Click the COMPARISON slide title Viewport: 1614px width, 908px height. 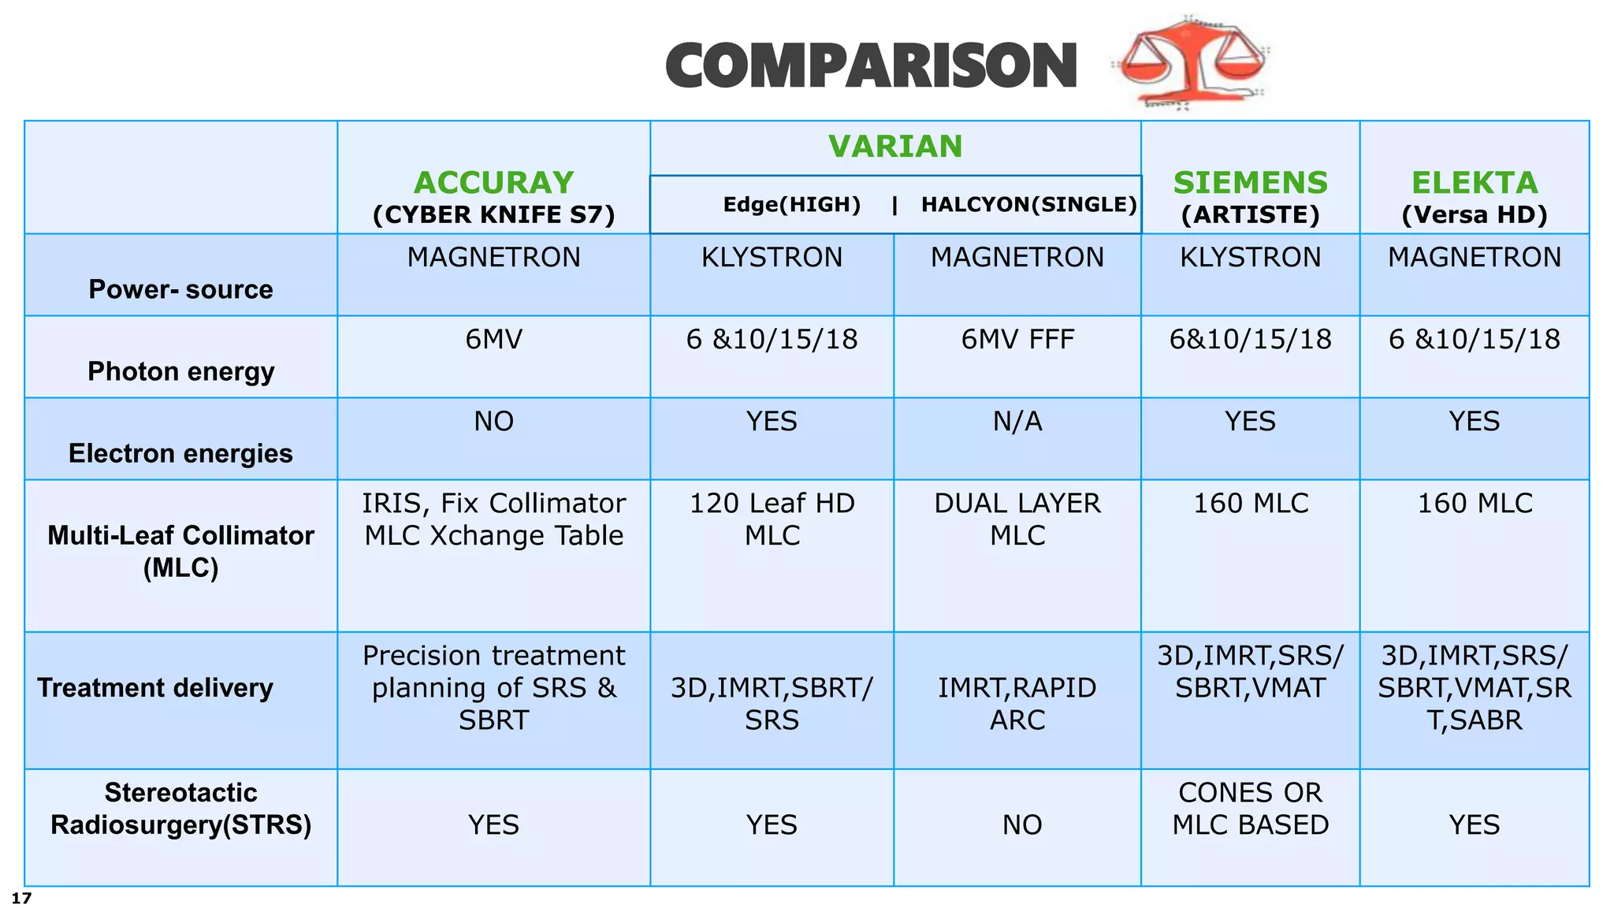pyautogui.click(x=871, y=66)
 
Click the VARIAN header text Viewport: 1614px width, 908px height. pyautogui.click(x=895, y=147)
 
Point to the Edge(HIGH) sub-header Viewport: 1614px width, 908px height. pyautogui.click(x=791, y=205)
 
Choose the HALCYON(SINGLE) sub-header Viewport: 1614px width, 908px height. pyautogui.click(x=1028, y=205)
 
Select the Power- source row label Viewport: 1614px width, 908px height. pyautogui.click(x=180, y=289)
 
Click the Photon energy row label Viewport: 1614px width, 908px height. pyautogui.click(x=180, y=371)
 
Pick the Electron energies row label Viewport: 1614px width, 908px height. pyautogui.click(x=180, y=453)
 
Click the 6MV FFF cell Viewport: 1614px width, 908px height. pyautogui.click(x=1017, y=340)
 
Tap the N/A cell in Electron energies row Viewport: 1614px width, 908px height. pyautogui.click(x=1017, y=422)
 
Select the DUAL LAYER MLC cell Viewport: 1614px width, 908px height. pyautogui.click(x=1017, y=519)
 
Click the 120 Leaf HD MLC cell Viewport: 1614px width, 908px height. pyautogui.click(x=772, y=519)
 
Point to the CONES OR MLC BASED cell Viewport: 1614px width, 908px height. pyautogui.click(x=1250, y=809)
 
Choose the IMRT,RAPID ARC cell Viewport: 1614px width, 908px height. pyautogui.click(x=1017, y=704)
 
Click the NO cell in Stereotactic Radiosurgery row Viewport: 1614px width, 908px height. pyautogui.click(x=1022, y=825)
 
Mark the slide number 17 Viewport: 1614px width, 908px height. pyautogui.click(x=21, y=898)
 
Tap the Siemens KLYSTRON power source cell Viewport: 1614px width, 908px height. pyautogui.click(x=1250, y=258)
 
